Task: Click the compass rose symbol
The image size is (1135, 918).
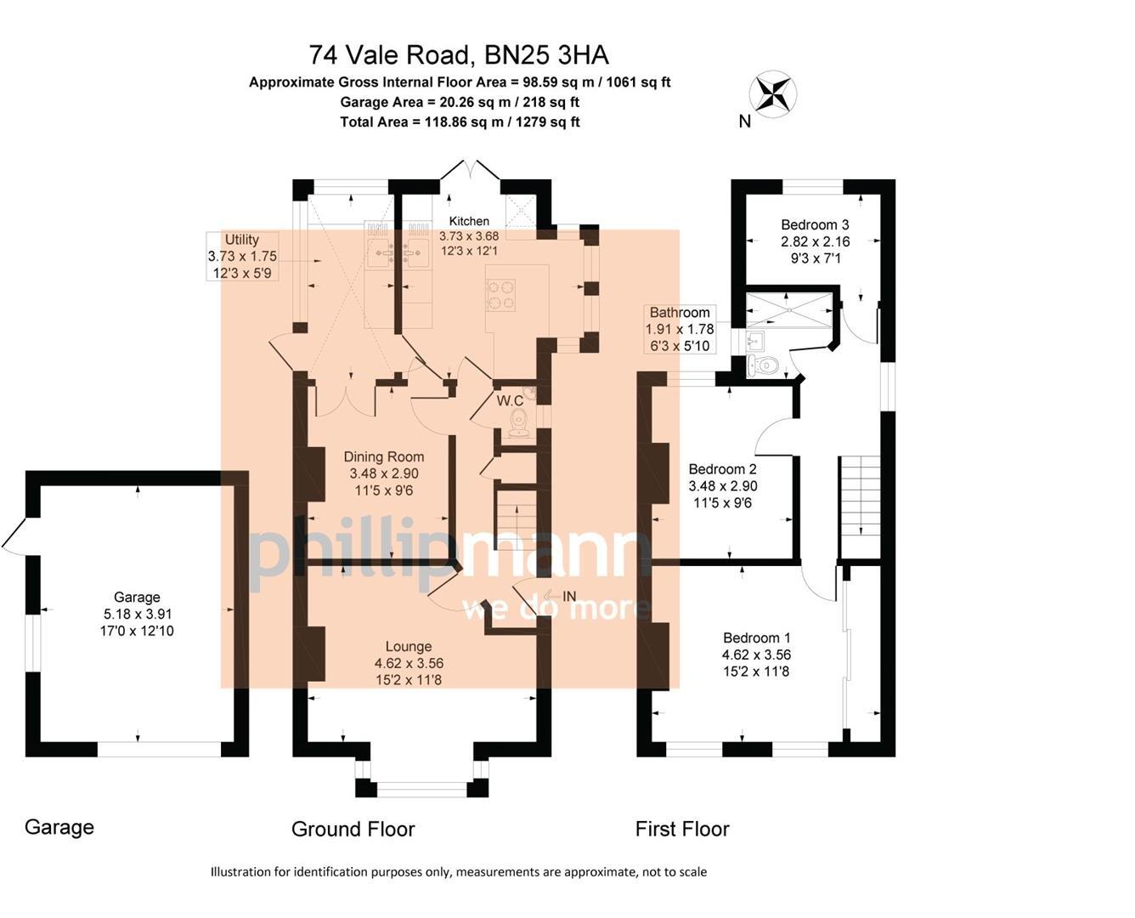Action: pyautogui.click(x=772, y=93)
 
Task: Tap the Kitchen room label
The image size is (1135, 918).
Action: pyautogui.click(x=469, y=221)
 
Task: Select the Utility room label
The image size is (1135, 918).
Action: pyautogui.click(x=242, y=240)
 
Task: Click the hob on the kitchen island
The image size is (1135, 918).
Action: pyautogui.click(x=500, y=294)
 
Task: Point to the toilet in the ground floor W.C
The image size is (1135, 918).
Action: pyautogui.click(x=519, y=422)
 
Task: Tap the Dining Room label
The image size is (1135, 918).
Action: pyautogui.click(x=383, y=456)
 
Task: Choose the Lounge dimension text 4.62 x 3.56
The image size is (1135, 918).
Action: pyautogui.click(x=409, y=663)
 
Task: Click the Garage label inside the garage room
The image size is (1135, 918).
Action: pyautogui.click(x=137, y=597)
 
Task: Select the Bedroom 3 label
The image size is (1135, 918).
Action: pyautogui.click(x=815, y=224)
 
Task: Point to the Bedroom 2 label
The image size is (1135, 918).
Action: pyautogui.click(x=722, y=469)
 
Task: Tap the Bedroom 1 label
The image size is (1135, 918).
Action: pyautogui.click(x=756, y=637)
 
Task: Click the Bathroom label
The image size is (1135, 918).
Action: pyautogui.click(x=680, y=312)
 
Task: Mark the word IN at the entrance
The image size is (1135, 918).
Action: pyautogui.click(x=569, y=597)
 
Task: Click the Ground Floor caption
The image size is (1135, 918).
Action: pyautogui.click(x=353, y=829)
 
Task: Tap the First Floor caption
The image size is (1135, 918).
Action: pyautogui.click(x=682, y=829)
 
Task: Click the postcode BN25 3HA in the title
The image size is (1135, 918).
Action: pyautogui.click(x=546, y=55)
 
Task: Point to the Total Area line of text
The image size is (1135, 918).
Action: pyautogui.click(x=460, y=122)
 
